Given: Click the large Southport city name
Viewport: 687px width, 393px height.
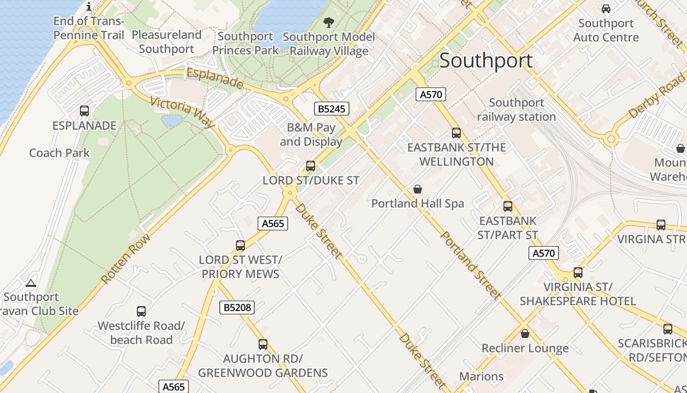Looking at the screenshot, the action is (x=486, y=61).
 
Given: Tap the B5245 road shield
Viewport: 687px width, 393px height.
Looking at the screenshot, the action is (x=332, y=109).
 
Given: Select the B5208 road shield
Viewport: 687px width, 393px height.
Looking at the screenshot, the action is (x=237, y=308).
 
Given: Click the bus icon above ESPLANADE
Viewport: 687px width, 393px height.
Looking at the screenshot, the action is (x=84, y=111).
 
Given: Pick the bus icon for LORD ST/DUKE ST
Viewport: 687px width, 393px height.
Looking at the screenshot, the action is (x=311, y=166).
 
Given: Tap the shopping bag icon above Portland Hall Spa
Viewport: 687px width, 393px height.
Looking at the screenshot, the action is (x=418, y=189).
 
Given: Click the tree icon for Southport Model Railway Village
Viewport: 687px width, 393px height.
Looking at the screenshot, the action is (x=328, y=22).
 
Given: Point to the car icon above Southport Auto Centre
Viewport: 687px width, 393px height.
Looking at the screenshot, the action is (x=606, y=9).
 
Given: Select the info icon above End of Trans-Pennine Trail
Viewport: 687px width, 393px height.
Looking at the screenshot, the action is (x=89, y=6).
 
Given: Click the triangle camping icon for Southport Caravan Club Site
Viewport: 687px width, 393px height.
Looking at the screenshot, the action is (x=31, y=283).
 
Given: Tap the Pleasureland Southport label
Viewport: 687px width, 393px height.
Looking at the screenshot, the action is (x=166, y=42).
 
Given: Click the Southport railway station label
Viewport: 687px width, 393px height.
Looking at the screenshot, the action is (x=516, y=110).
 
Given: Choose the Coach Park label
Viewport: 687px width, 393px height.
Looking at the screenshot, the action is (x=59, y=153).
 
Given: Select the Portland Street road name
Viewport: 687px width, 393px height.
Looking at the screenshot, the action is (x=471, y=266).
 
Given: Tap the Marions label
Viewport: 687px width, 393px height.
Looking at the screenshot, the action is (x=481, y=376).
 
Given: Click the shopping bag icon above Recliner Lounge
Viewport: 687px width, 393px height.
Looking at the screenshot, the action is (x=525, y=334).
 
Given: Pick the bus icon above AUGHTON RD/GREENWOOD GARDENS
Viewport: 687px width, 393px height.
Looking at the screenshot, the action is (x=263, y=344).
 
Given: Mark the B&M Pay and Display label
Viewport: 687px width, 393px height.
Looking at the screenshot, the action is (x=311, y=135).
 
